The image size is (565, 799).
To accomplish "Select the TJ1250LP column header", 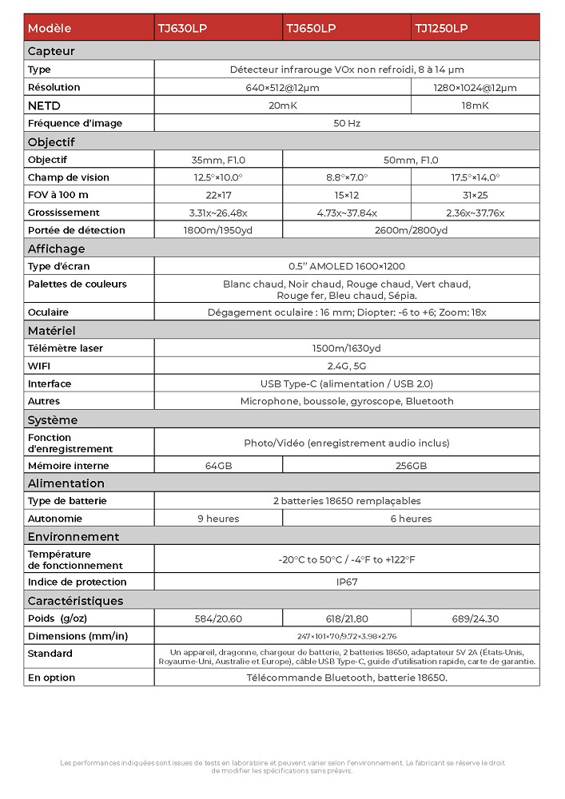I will click(x=440, y=28).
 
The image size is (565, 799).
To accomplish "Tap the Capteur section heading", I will click(x=51, y=51).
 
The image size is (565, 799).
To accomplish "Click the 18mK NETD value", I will click(x=475, y=105).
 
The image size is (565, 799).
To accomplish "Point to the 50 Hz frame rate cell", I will click(x=347, y=124).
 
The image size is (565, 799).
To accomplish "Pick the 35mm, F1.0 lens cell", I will click(x=218, y=160).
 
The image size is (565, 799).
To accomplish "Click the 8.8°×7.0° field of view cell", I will click(x=346, y=177).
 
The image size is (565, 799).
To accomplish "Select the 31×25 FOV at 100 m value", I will click(x=475, y=195).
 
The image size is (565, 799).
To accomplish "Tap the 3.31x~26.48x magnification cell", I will click(x=218, y=213).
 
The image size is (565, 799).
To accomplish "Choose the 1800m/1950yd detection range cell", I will click(x=218, y=230).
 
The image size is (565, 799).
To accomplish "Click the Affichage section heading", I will click(x=56, y=248).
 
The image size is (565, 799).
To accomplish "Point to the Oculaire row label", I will click(x=48, y=312).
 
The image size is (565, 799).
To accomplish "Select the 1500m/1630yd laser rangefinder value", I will click(x=347, y=348).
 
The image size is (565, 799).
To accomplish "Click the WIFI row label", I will click(x=39, y=366).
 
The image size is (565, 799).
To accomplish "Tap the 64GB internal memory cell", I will click(x=218, y=466).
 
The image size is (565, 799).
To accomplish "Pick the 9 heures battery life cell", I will click(x=218, y=519).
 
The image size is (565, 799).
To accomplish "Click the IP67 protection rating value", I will click(x=347, y=582).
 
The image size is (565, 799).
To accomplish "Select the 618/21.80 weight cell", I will click(x=346, y=618).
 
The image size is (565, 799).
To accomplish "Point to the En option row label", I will click(x=51, y=678).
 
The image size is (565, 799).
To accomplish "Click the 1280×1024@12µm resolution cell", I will click(x=475, y=88).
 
